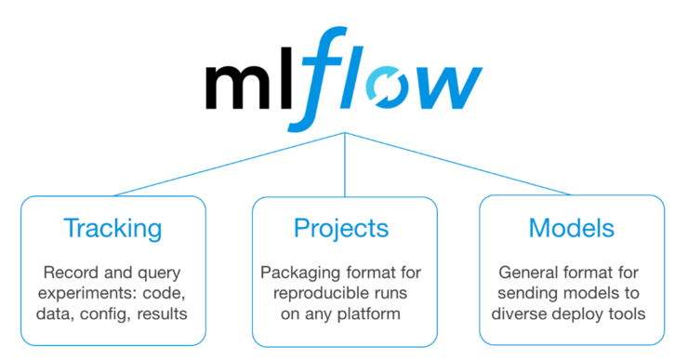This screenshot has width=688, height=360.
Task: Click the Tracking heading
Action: (112, 228)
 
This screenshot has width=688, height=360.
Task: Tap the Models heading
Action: (572, 228)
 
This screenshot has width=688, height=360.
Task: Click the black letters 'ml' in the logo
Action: (244, 86)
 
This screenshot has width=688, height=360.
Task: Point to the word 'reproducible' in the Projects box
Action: (313, 294)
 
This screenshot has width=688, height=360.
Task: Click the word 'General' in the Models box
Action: (532, 273)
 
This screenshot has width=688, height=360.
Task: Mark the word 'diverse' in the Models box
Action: (532, 314)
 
